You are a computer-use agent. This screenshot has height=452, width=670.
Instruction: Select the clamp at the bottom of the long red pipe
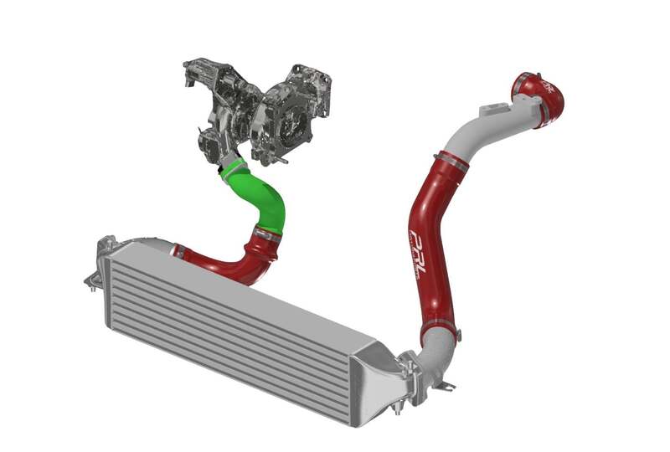click(436, 322)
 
